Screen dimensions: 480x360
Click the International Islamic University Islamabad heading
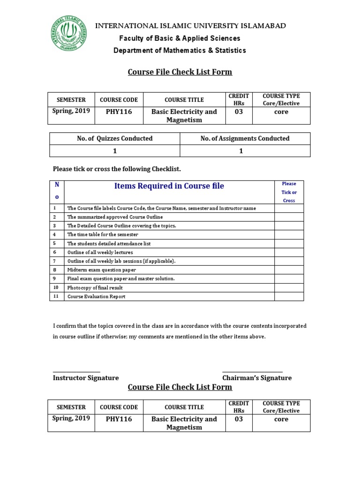[x=190, y=26]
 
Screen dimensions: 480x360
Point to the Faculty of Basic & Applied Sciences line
[x=180, y=38]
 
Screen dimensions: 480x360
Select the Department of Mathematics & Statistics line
[x=180, y=50]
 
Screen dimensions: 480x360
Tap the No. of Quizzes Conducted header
[x=115, y=138]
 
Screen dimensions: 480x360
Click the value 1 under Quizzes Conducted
[x=115, y=151]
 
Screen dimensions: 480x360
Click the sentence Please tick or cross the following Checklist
[x=117, y=168]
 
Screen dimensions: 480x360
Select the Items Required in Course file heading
[x=169, y=186]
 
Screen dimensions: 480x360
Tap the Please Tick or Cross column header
[x=289, y=192]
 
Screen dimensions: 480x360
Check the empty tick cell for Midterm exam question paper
[x=289, y=270]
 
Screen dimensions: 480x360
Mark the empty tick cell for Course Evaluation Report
[x=289, y=296]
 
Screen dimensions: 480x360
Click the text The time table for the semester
[x=103, y=234]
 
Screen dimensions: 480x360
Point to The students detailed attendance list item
[x=109, y=244]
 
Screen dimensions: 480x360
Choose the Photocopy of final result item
[x=96, y=287]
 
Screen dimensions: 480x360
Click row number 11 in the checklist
[x=56, y=296]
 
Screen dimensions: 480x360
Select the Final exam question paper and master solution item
[x=121, y=278]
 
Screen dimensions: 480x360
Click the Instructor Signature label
[x=86, y=378]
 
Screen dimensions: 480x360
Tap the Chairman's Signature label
[x=257, y=378]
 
